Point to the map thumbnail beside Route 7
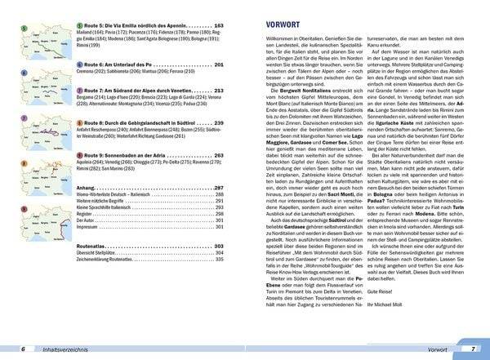coord(31,100)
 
